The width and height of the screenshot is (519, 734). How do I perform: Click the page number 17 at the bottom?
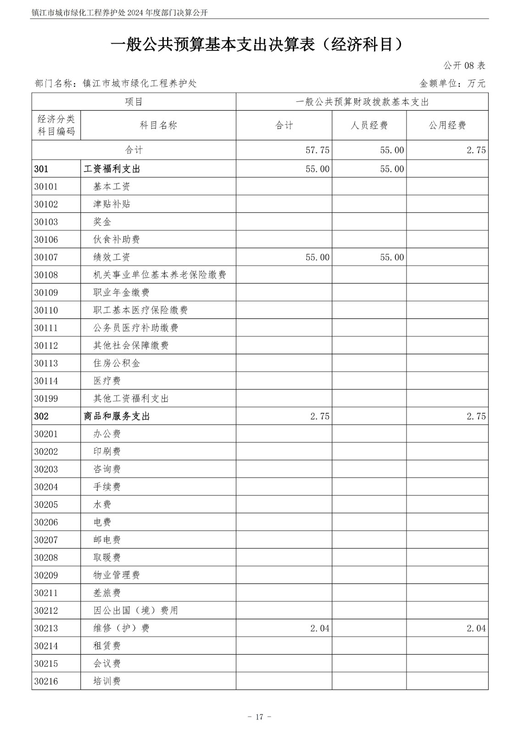pyautogui.click(x=259, y=717)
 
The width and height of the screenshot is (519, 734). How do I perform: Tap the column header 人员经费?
pyautogui.click(x=369, y=125)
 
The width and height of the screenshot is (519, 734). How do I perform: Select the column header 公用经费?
pyautogui.click(x=447, y=125)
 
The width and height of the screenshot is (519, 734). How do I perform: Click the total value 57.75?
pyautogui.click(x=317, y=150)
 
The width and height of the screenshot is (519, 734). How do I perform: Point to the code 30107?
pyautogui.click(x=46, y=257)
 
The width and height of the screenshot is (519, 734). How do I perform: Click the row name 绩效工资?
pyautogui.click(x=112, y=257)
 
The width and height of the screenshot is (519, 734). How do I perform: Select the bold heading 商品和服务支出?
pyautogui.click(x=117, y=417)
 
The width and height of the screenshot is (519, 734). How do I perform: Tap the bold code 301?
pyautogui.click(x=41, y=169)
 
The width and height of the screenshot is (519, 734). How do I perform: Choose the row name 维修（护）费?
pyautogui.click(x=121, y=628)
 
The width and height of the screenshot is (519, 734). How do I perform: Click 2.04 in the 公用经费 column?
pyautogui.click(x=476, y=628)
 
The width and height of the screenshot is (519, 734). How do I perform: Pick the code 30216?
pyautogui.click(x=46, y=681)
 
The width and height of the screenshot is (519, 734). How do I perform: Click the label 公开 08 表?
pyautogui.click(x=464, y=66)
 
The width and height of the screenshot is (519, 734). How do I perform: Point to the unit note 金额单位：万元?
pyautogui.click(x=452, y=83)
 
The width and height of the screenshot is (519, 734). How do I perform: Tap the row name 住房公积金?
pyautogui.click(x=117, y=363)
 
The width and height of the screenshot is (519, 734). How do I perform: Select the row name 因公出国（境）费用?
pyautogui.click(x=135, y=611)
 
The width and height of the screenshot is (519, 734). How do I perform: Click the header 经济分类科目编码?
pyautogui.click(x=56, y=125)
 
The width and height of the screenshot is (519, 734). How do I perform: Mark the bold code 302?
pyautogui.click(x=41, y=417)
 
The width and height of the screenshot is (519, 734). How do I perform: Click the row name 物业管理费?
pyautogui.click(x=117, y=575)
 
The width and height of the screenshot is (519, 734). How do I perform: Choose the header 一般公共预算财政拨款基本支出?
pyautogui.click(x=362, y=102)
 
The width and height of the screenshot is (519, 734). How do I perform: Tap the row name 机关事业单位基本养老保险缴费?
pyautogui.click(x=159, y=275)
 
